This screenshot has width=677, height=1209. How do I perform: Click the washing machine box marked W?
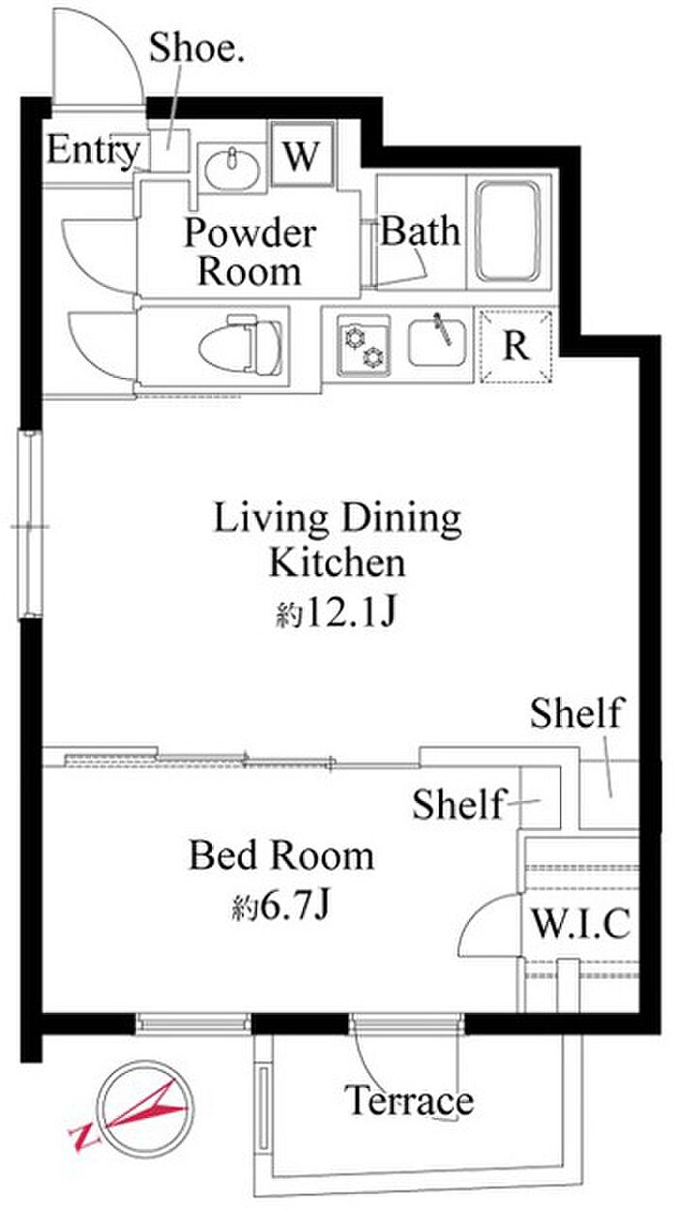(302, 154)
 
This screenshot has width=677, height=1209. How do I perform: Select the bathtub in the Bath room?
(508, 232)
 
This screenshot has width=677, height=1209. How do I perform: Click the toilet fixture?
(241, 346)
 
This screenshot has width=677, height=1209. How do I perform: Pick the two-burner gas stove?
(364, 345)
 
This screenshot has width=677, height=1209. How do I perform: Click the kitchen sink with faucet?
(437, 342)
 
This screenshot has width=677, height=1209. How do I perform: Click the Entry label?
(93, 151)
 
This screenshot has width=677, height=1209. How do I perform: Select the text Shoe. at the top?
(196, 47)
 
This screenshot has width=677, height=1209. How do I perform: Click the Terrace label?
(409, 1101)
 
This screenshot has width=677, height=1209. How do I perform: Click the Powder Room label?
(250, 252)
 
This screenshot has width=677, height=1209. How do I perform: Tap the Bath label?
(421, 231)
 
